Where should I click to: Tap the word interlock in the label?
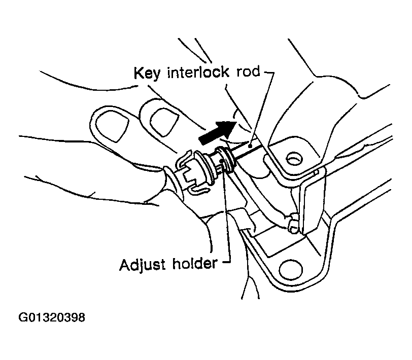click(x=195, y=73)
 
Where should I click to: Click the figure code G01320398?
click(x=52, y=318)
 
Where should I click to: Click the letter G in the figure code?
click(x=23, y=318)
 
